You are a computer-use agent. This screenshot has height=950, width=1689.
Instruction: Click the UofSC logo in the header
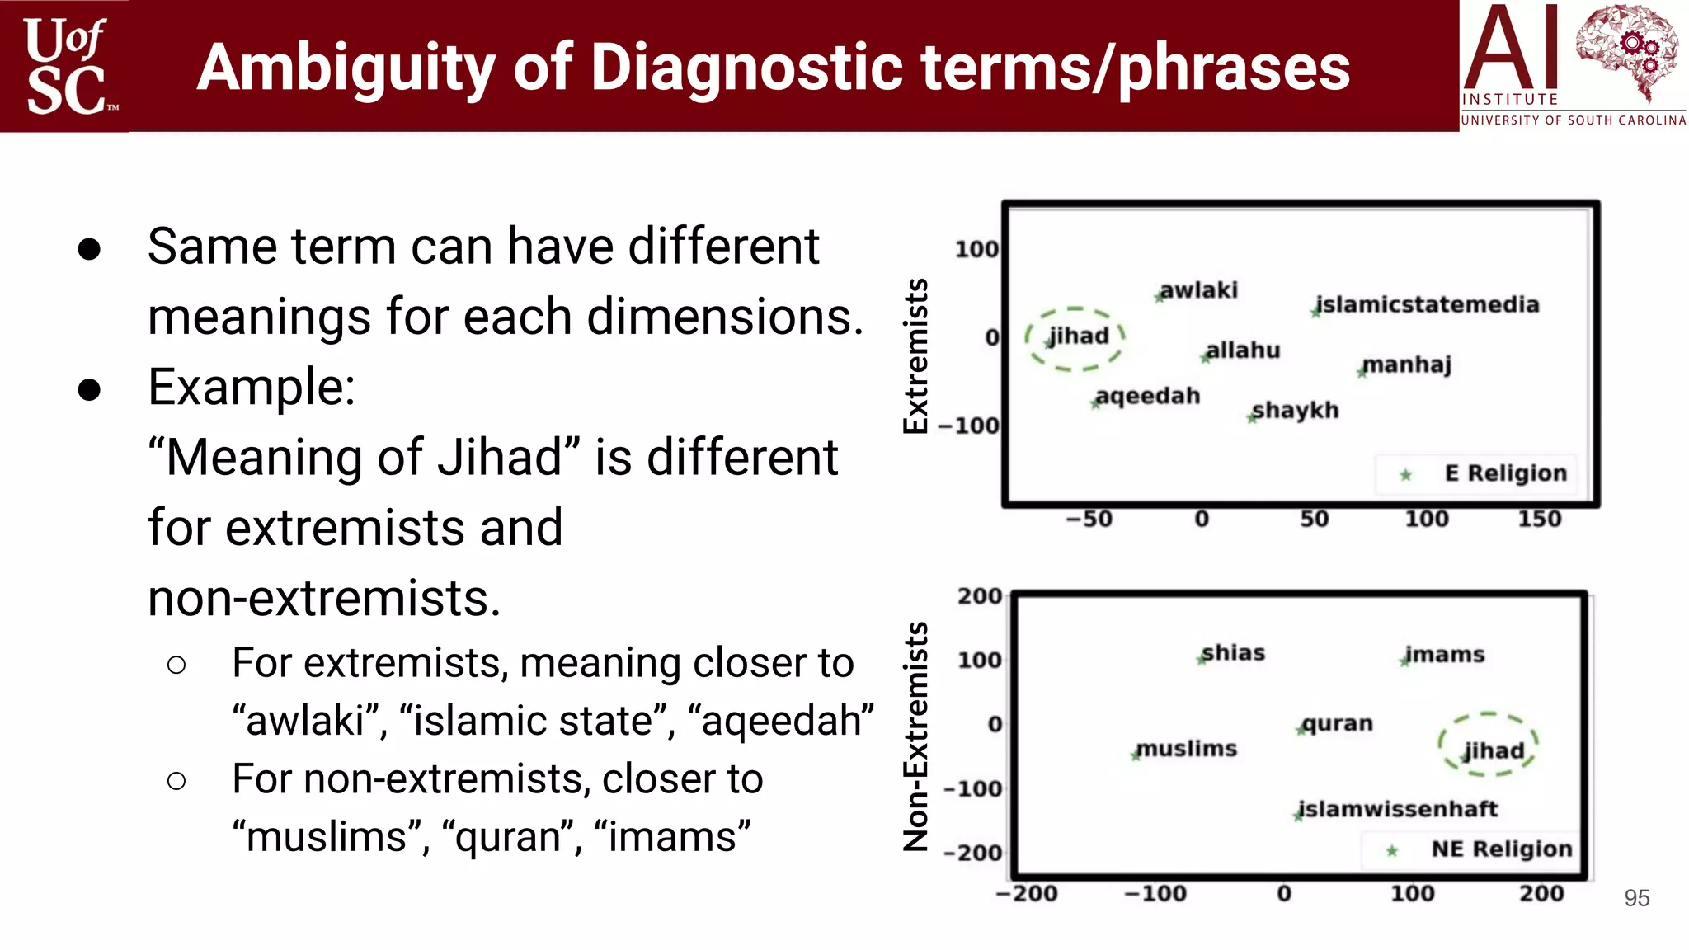tap(66, 66)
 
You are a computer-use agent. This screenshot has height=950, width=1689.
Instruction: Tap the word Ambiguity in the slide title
tap(346, 68)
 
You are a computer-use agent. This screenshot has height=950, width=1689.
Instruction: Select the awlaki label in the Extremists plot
tap(1198, 290)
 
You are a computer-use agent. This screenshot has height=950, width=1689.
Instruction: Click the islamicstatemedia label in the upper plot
tap(1427, 304)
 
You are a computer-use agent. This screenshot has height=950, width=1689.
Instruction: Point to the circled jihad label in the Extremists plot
tap(1078, 336)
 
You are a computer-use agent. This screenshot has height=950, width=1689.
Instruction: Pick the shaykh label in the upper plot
tap(1295, 410)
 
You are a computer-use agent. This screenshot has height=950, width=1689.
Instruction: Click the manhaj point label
tap(1406, 364)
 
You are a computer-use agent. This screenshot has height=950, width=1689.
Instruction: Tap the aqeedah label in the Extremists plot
tap(1147, 396)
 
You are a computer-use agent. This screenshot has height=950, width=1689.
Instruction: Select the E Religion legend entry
tap(1484, 473)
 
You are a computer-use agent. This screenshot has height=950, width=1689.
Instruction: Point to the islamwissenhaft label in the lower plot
tap(1397, 809)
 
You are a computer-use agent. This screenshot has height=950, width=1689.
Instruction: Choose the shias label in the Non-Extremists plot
tap(1233, 653)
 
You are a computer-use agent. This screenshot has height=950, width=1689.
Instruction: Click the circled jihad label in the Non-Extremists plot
tap(1493, 750)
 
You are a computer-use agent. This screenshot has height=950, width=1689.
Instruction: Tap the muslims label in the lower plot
tap(1186, 749)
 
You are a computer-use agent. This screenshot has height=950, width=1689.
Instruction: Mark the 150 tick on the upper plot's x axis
tap(1539, 519)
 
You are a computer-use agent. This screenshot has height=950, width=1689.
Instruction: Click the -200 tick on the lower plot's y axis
tap(974, 853)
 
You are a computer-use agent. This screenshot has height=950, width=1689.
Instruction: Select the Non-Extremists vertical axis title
tap(916, 736)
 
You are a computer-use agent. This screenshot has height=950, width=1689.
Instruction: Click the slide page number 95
tap(1636, 898)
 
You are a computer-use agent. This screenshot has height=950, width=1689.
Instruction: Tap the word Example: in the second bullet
tap(252, 387)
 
